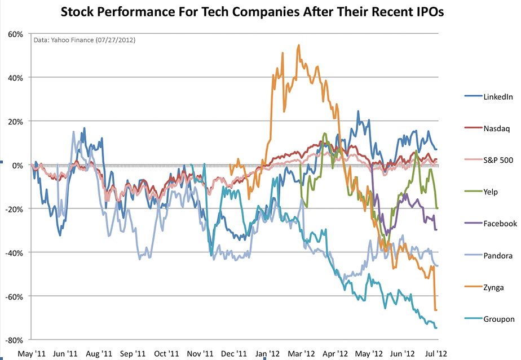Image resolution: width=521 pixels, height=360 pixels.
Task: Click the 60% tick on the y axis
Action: pos(15,34)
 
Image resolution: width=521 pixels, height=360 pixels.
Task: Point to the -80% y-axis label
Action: pos(14,340)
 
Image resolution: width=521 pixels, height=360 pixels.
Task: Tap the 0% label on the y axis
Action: pos(17,165)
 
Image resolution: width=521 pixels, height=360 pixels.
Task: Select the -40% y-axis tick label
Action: pos(14,252)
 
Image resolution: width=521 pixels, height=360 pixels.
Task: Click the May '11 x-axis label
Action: pos(32,353)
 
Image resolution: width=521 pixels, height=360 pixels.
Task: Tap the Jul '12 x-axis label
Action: pos(436,353)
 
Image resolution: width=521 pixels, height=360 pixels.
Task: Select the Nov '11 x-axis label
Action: pos(200,353)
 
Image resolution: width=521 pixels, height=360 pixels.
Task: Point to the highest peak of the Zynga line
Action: pos(298,45)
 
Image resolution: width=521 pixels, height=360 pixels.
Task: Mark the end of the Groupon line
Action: pos(436,328)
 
